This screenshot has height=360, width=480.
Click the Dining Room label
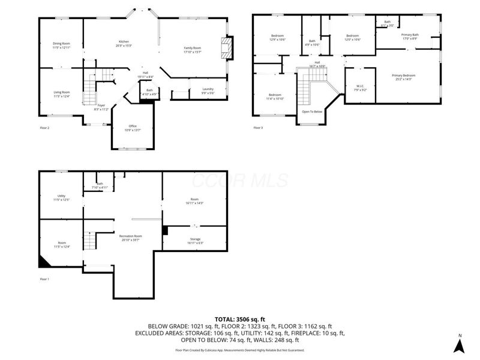[61, 43]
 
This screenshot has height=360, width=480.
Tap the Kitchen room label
[124, 41]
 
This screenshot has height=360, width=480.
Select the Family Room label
[192, 47]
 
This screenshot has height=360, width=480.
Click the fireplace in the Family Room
[227, 48]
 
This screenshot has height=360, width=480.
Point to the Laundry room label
[208, 89]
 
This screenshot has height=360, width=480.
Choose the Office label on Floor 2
[133, 126]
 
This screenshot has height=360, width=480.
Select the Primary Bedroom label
[403, 75]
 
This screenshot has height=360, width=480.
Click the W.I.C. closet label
[360, 86]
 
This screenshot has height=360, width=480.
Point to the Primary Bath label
[410, 35]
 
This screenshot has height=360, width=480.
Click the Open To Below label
[312, 112]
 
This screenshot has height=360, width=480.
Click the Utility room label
[61, 196]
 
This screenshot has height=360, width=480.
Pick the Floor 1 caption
[44, 279]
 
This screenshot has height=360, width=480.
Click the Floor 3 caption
[258, 128]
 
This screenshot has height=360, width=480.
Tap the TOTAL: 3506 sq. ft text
[240, 319]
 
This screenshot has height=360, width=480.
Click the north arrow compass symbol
[459, 344]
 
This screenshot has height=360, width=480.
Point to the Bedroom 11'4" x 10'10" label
[275, 95]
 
